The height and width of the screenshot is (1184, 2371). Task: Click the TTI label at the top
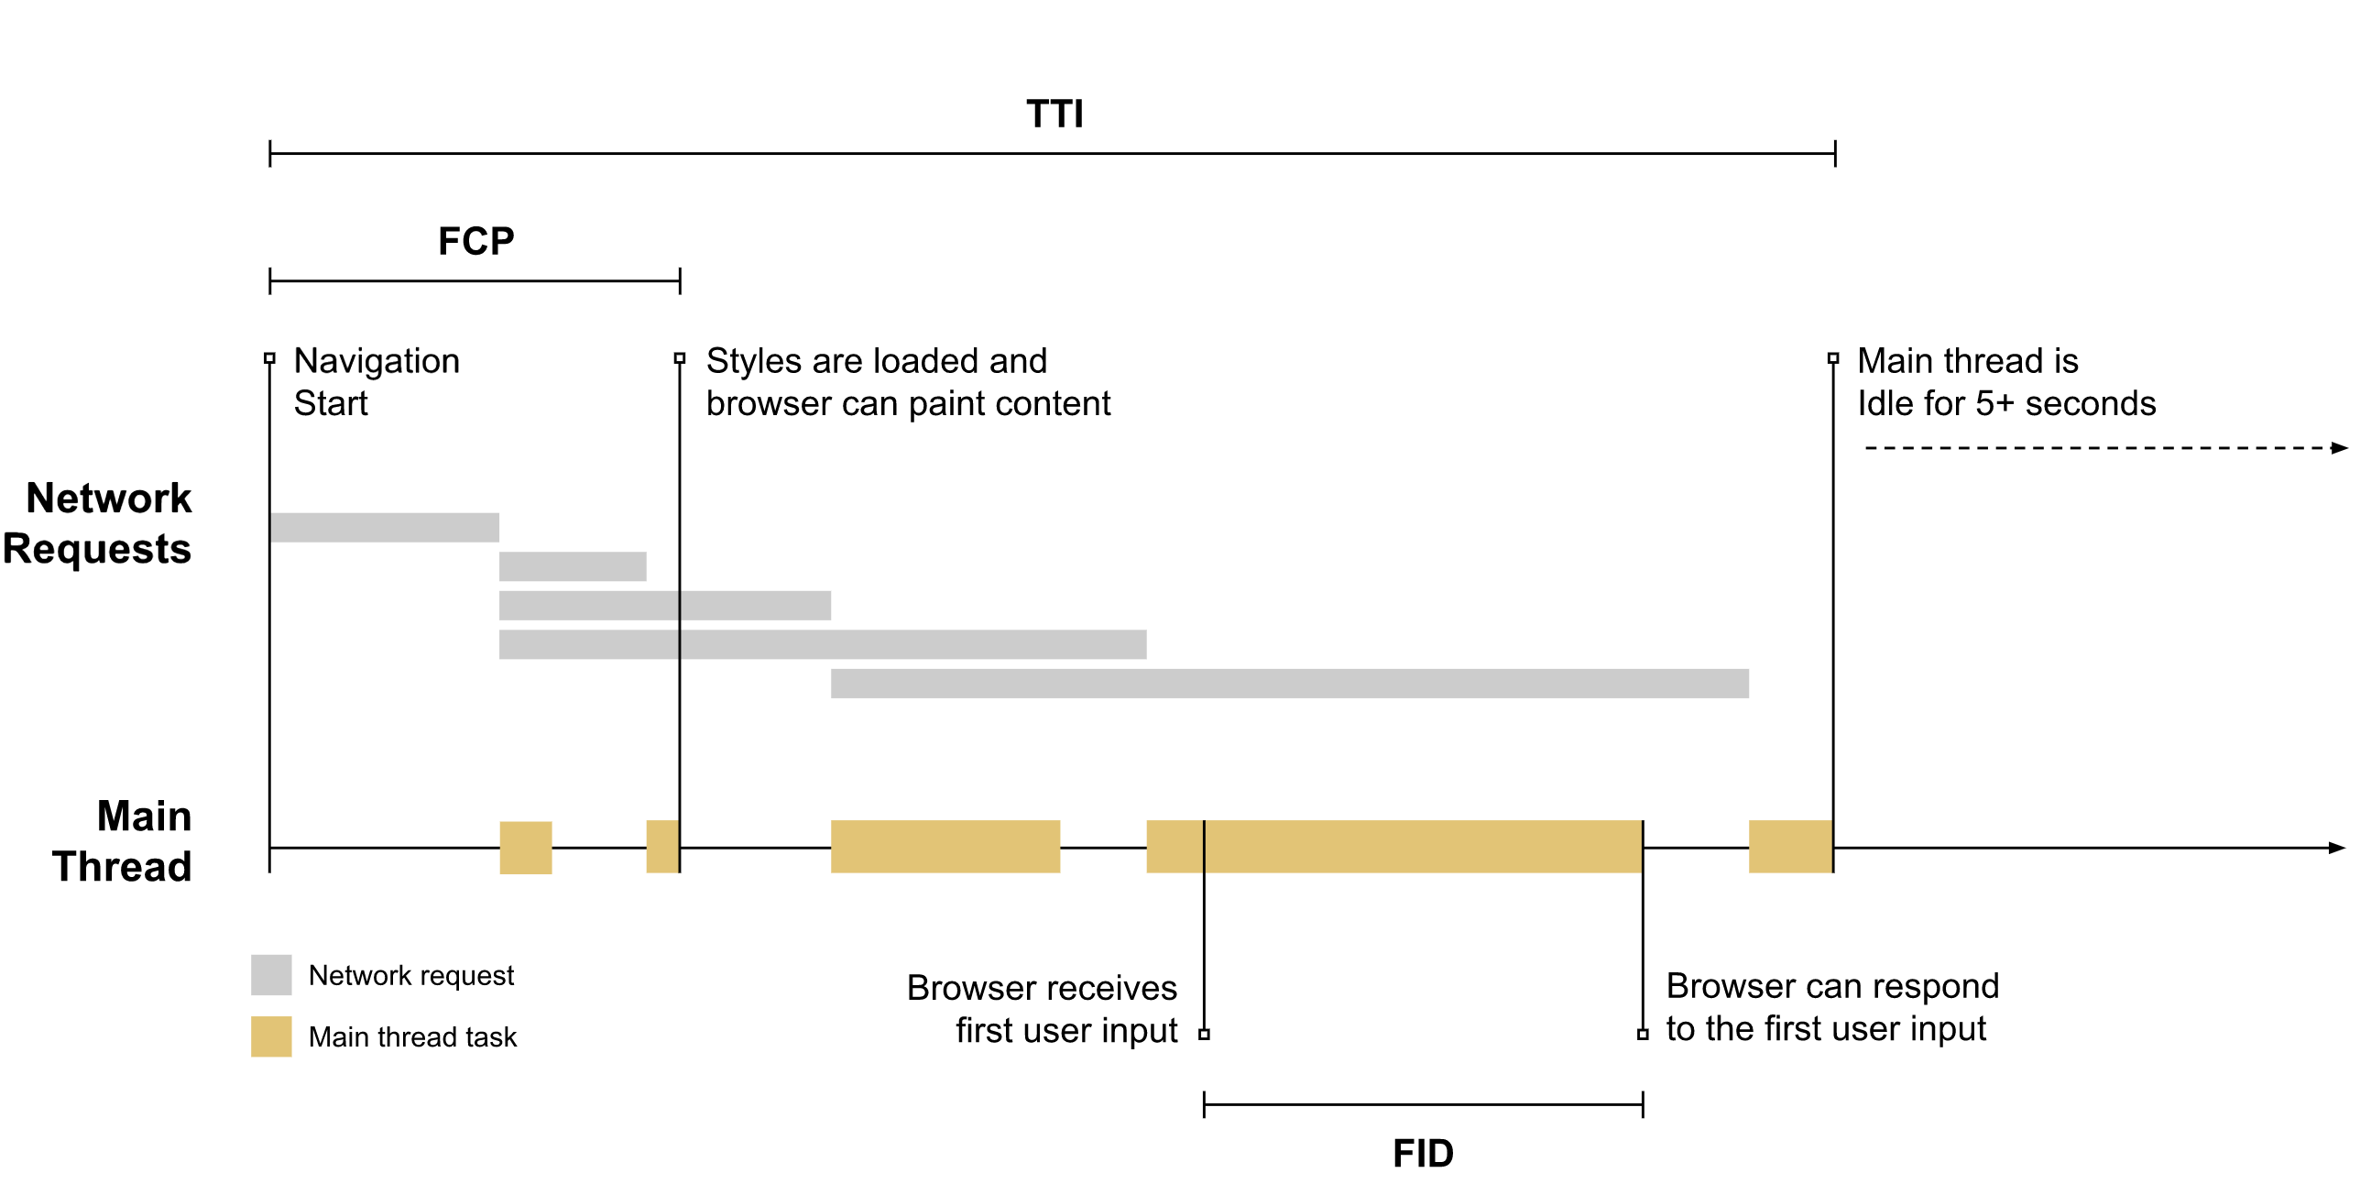click(1054, 115)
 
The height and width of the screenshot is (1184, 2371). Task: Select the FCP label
click(475, 241)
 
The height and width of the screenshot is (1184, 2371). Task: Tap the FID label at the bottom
click(1423, 1153)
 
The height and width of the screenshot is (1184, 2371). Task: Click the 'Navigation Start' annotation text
click(377, 381)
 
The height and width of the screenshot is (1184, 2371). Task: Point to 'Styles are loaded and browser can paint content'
click(908, 381)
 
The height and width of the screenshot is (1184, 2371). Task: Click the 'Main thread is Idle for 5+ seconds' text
click(2005, 381)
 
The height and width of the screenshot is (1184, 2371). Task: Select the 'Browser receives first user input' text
click(1042, 1008)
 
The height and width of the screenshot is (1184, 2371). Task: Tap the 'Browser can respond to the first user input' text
click(1831, 1006)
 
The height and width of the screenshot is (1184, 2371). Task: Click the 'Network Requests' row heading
click(97, 523)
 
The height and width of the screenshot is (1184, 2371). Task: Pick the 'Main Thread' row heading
click(123, 840)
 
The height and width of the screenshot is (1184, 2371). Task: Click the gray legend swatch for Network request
click(271, 974)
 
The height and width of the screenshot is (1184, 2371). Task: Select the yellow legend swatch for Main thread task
click(271, 1036)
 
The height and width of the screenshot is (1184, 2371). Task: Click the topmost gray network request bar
click(385, 528)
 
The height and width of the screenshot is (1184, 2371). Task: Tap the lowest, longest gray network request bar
click(1289, 683)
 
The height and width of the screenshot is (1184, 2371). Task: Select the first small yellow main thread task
click(526, 847)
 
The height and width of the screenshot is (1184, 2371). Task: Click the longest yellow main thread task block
click(1393, 846)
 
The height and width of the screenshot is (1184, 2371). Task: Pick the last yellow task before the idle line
click(1790, 846)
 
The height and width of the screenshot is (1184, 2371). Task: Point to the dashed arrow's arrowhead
click(2339, 448)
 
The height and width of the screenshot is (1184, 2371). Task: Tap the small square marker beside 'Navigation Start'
click(269, 358)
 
